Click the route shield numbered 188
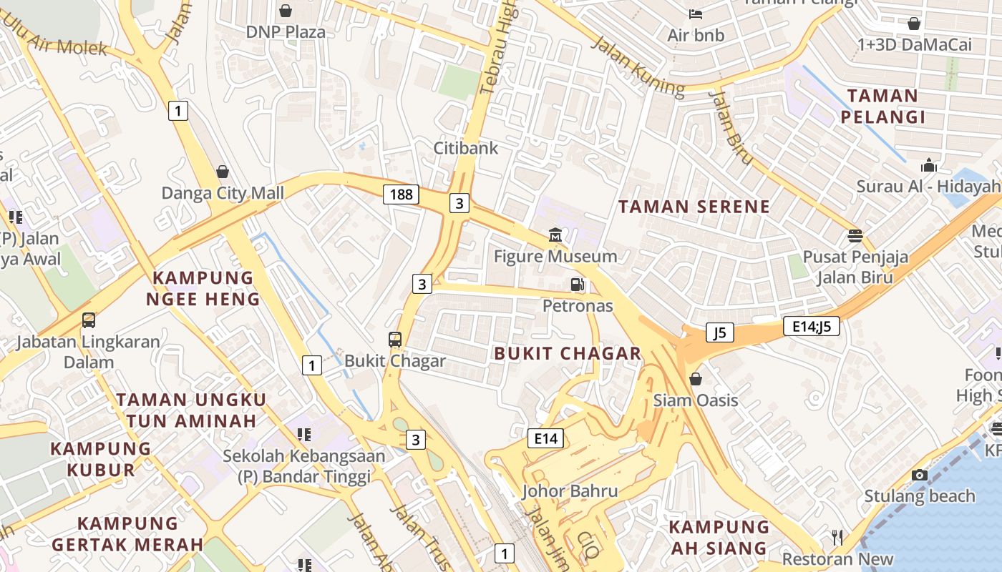[x=401, y=194]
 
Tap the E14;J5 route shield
[x=811, y=326]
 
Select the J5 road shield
[x=719, y=332]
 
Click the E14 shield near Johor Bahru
[x=545, y=438]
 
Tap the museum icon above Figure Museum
[x=555, y=235]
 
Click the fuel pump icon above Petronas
[x=578, y=285]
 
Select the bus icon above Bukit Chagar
[x=395, y=340]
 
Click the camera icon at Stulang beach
[x=920, y=475]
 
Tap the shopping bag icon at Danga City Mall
[x=223, y=172]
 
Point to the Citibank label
[x=465, y=148]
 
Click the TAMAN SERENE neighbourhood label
[x=694, y=207]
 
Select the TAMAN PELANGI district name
[x=882, y=106]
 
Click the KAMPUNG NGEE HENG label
[x=203, y=288]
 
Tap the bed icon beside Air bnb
[x=695, y=14]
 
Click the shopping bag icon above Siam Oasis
[x=695, y=379]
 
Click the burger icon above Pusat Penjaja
[x=855, y=235]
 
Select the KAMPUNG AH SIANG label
[x=719, y=538]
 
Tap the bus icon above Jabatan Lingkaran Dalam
[x=89, y=320]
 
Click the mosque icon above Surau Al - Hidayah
[x=929, y=166]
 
